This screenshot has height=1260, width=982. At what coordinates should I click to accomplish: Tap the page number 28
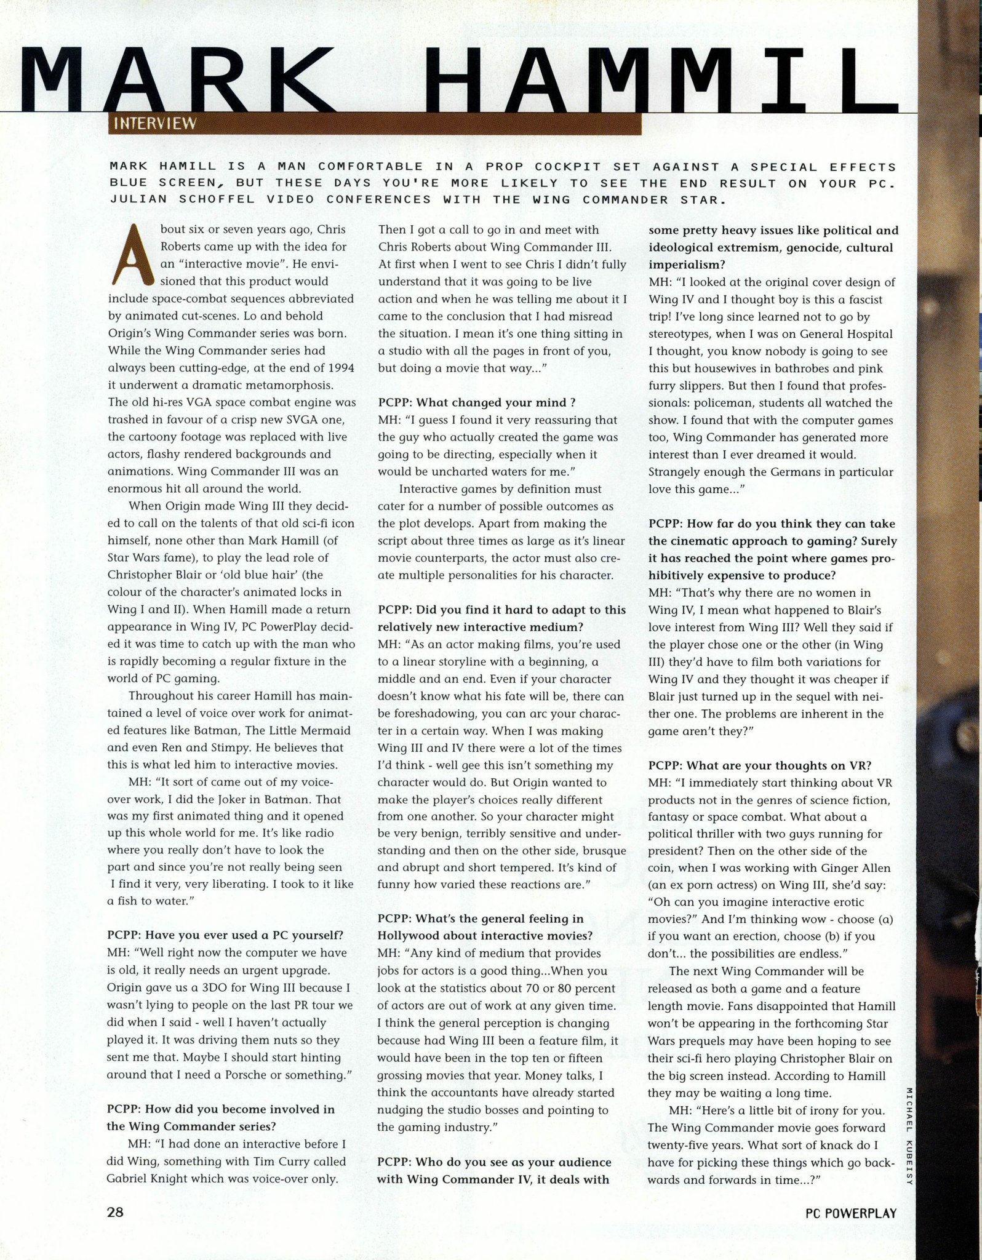116,1213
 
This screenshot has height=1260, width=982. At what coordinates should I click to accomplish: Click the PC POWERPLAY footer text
851,1213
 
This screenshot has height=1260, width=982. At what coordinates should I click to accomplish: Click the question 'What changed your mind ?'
477,403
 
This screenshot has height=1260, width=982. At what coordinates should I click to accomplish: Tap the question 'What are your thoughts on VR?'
760,765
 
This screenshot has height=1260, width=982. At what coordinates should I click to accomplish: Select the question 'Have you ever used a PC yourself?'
225,935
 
